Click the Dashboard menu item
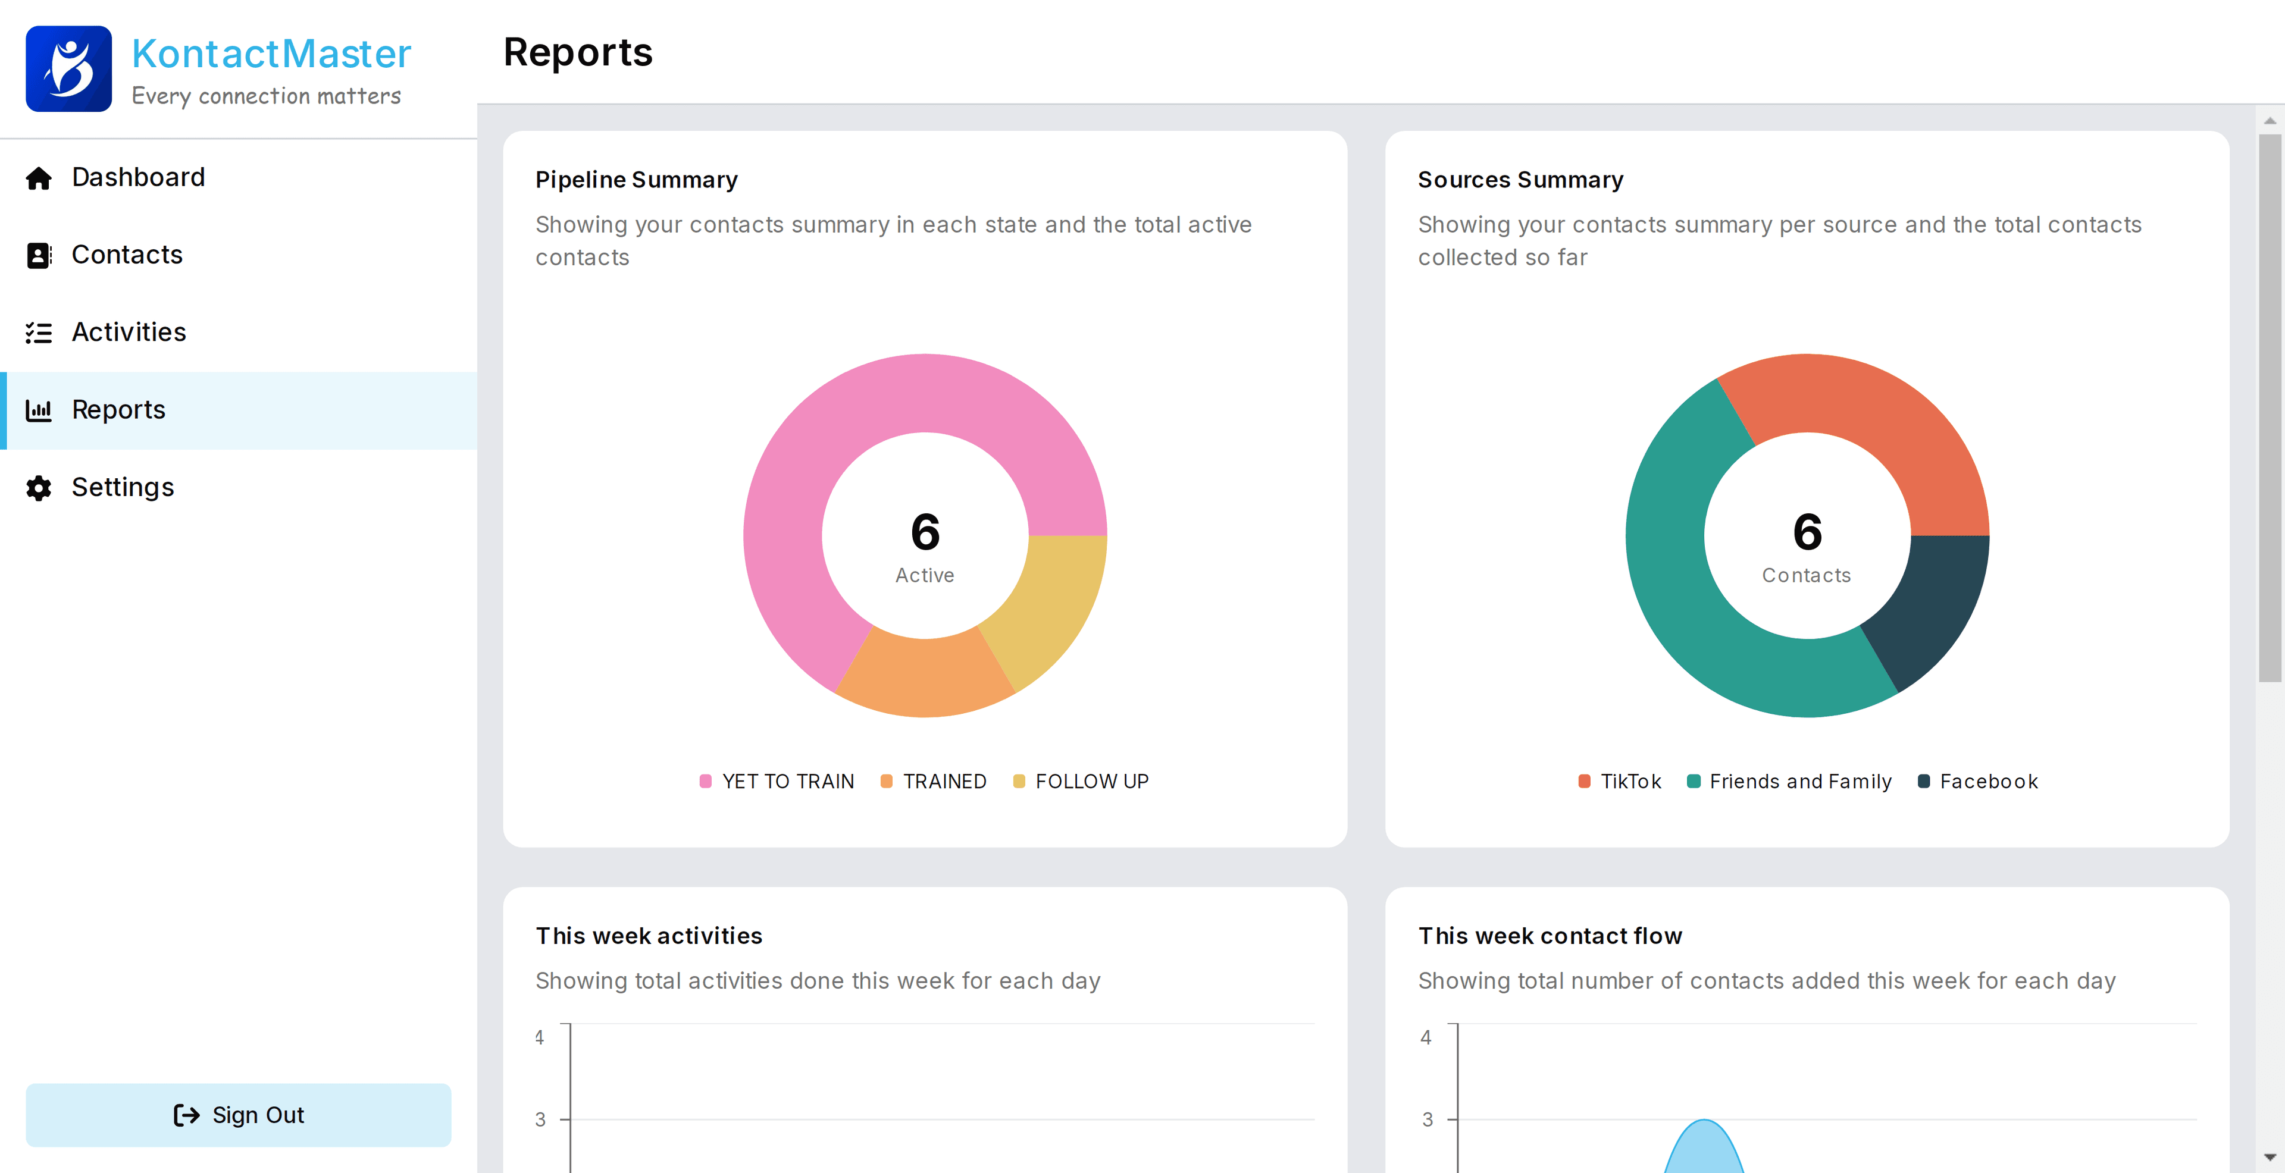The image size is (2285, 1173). point(137,177)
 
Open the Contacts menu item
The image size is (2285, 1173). point(127,255)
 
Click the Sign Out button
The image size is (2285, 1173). point(238,1115)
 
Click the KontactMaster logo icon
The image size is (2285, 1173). point(69,69)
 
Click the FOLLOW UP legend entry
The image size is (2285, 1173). point(1091,781)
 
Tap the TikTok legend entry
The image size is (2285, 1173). point(1629,781)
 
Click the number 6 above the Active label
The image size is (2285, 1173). point(925,532)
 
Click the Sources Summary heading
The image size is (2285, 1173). point(1520,180)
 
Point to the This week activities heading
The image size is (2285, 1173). point(649,936)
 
